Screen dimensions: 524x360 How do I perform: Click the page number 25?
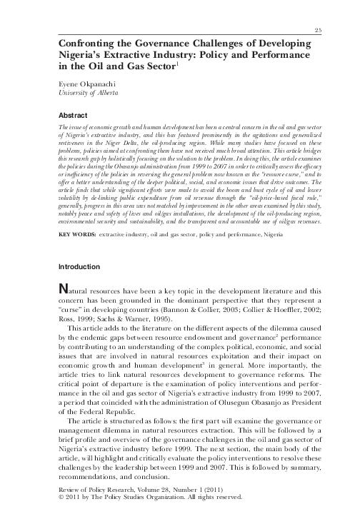[x=317, y=29]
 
